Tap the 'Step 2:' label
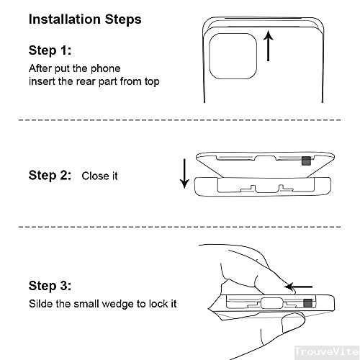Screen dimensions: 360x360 point(50,175)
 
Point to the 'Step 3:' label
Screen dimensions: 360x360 point(50,286)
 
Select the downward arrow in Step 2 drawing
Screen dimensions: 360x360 point(184,174)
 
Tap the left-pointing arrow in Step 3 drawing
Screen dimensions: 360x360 point(298,287)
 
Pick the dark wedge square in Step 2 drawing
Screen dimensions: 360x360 point(307,161)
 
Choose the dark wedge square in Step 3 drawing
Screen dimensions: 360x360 point(308,305)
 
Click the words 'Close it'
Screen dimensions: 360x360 point(99,176)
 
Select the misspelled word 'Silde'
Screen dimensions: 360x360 point(40,304)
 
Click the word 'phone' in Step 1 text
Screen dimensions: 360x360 point(107,68)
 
